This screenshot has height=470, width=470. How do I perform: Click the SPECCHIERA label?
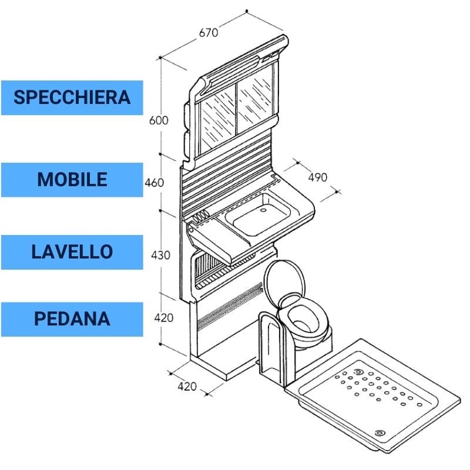(72, 97)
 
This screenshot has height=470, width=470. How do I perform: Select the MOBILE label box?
(72, 179)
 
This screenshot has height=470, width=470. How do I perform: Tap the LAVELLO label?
(72, 251)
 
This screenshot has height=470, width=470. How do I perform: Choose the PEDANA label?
(72, 318)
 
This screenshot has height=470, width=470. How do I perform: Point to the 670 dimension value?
(208, 33)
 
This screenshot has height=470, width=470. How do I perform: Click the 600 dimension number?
(159, 120)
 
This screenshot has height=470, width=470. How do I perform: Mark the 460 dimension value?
(154, 183)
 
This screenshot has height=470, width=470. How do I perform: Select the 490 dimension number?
(317, 177)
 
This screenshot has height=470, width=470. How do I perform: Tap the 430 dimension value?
(160, 255)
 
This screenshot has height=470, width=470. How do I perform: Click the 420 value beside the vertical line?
(164, 318)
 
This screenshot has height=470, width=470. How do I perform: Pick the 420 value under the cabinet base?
(187, 387)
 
